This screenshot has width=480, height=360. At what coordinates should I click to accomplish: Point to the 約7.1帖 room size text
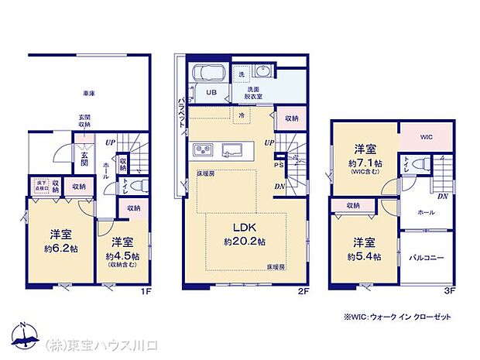365,164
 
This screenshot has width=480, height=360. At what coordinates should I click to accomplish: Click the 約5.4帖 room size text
362,256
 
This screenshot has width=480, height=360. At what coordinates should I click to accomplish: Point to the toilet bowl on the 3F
421,163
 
